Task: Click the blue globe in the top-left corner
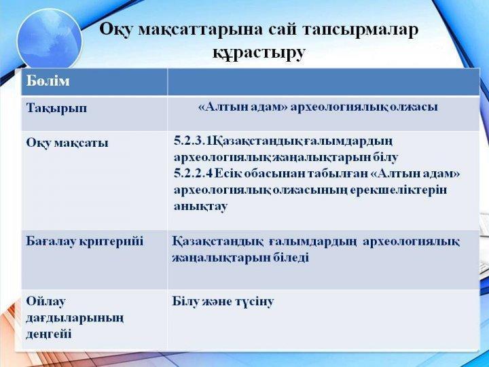pos(50,39)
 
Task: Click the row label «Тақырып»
pos(56,109)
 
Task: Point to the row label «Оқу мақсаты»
pos(67,143)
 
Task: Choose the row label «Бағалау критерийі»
pos(84,242)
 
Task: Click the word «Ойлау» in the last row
pos(46,302)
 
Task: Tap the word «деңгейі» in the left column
pos(49,334)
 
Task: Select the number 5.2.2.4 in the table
pos(193,173)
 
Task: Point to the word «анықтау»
pos(200,207)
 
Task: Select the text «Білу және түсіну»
pos(223,302)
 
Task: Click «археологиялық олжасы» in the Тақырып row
pos(364,107)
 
